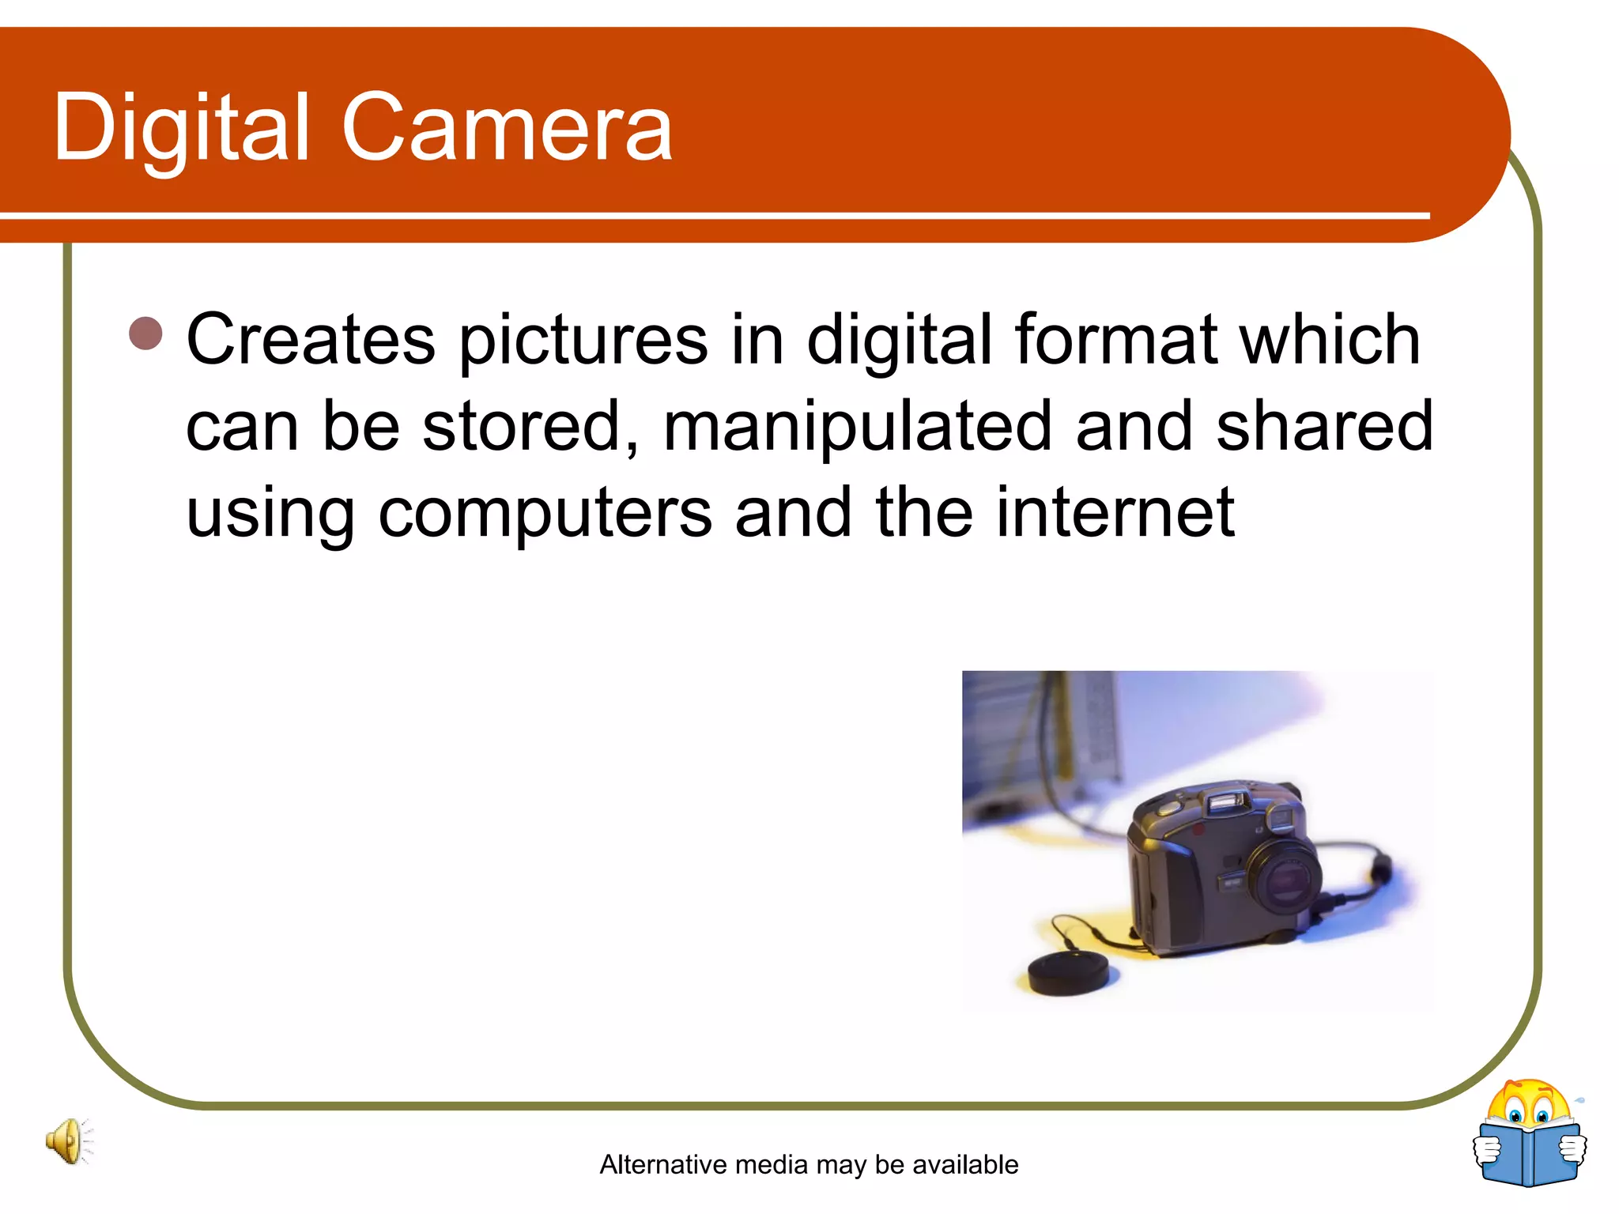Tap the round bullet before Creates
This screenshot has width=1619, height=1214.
click(145, 334)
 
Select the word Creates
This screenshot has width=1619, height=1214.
click(310, 340)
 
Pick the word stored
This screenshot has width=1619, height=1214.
click(530, 427)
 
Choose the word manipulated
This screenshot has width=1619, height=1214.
click(858, 427)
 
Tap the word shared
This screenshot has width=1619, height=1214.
click(1324, 427)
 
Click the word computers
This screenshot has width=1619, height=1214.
click(545, 514)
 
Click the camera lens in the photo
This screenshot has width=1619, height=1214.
click(1285, 877)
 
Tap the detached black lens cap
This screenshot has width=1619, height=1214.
click(1067, 971)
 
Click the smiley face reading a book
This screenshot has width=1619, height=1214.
click(1530, 1134)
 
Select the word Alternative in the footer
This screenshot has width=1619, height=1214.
click(664, 1164)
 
